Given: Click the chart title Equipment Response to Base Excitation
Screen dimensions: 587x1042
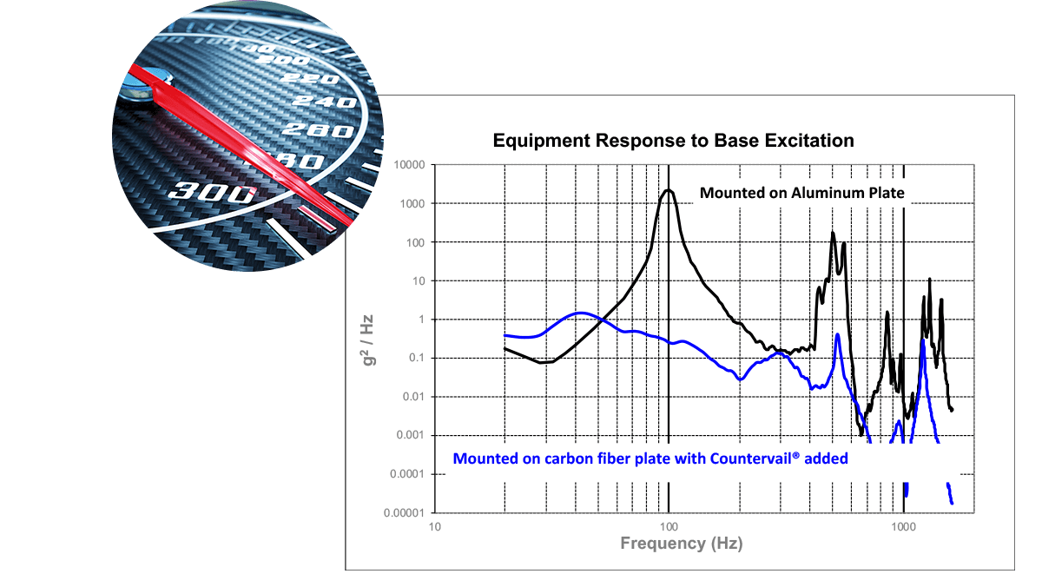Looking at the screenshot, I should [x=673, y=140].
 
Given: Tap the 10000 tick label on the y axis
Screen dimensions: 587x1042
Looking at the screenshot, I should [x=406, y=165].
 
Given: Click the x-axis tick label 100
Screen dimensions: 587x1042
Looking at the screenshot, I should [x=669, y=527].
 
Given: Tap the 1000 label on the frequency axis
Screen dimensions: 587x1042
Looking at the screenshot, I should [x=903, y=527].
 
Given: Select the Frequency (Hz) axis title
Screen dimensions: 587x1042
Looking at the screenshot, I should [x=681, y=544].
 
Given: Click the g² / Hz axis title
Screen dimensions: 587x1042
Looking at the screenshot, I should [x=368, y=338].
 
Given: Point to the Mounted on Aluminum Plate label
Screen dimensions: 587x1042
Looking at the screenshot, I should [x=801, y=193].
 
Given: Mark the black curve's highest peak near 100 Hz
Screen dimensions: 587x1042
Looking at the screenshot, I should [x=667, y=190].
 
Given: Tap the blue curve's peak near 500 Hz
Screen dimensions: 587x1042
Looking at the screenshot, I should [x=837, y=334].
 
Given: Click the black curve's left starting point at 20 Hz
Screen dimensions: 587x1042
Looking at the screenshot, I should [x=505, y=349].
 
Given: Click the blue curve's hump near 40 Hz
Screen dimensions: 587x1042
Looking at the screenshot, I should [x=581, y=313].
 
